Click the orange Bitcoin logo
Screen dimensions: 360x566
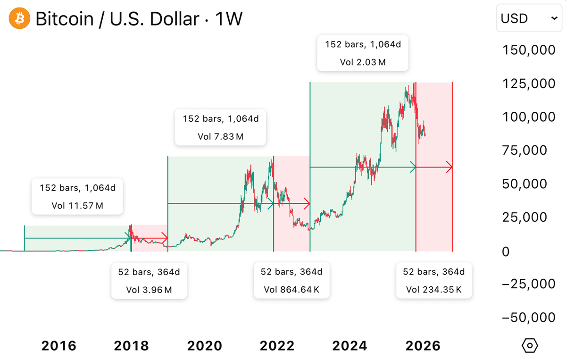click(x=19, y=19)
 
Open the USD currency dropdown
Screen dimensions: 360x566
click(x=529, y=19)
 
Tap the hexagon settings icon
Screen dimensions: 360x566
click(x=530, y=345)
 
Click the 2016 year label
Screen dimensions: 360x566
click(x=58, y=346)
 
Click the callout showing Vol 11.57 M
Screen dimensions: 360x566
click(x=77, y=197)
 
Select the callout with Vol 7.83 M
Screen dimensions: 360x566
click(x=221, y=127)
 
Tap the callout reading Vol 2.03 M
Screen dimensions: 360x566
click(x=362, y=54)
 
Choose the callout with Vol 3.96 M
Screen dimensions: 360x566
click(x=149, y=281)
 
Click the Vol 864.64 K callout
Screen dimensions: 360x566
click(x=291, y=281)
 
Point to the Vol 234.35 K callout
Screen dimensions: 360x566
click(x=434, y=281)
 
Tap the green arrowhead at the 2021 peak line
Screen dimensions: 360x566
click(x=271, y=204)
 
